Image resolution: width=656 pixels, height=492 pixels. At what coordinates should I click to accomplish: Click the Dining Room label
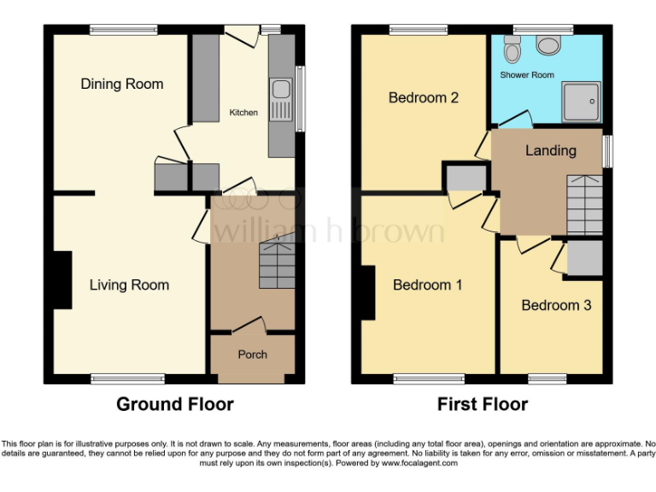[121, 84]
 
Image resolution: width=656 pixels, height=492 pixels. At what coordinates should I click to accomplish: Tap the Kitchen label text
[243, 113]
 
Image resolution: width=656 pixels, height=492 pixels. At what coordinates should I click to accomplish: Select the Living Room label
[129, 285]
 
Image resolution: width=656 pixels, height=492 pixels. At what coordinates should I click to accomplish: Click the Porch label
[252, 354]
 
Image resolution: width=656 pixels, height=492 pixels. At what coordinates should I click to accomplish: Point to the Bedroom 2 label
[424, 98]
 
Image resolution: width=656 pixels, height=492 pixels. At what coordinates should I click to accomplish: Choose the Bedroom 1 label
[427, 285]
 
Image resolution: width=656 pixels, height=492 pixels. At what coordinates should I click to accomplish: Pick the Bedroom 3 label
[556, 305]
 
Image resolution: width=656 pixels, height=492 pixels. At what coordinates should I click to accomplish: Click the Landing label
[550, 151]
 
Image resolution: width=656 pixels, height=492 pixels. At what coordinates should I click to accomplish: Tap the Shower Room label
[527, 75]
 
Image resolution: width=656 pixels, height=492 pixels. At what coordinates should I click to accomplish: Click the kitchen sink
[279, 102]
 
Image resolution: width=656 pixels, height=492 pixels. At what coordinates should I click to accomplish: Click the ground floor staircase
[277, 263]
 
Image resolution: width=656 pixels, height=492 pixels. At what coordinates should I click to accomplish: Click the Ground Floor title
[174, 404]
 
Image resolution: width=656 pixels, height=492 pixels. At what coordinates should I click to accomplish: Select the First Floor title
[482, 404]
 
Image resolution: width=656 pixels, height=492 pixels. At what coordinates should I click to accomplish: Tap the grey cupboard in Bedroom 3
[584, 259]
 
